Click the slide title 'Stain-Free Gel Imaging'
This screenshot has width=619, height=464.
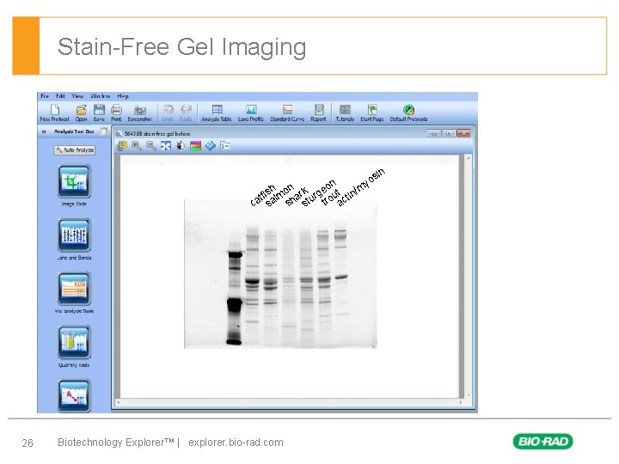[181, 46]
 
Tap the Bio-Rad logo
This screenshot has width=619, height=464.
[542, 442]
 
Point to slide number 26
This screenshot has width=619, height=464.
[28, 443]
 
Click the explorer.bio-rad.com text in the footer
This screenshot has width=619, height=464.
[235, 443]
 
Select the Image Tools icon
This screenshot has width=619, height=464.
[74, 183]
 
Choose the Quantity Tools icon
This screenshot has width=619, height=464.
[74, 343]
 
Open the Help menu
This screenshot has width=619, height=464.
[123, 96]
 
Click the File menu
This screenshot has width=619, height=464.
[44, 96]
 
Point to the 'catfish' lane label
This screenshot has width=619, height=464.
[261, 195]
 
